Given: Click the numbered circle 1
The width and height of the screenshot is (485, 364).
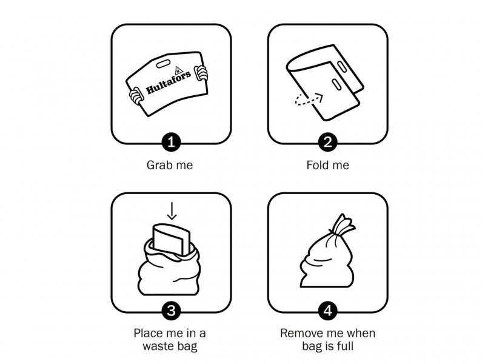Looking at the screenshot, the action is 171,142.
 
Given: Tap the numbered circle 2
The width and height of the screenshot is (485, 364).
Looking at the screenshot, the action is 327,142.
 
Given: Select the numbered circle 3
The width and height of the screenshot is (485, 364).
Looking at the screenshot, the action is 171,311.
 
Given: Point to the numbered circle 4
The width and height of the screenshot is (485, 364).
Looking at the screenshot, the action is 327,311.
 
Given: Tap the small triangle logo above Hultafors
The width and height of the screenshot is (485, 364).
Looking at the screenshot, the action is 178,71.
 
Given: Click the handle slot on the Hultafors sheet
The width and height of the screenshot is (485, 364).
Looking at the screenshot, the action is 162,64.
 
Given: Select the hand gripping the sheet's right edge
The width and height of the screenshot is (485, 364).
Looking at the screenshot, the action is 201,73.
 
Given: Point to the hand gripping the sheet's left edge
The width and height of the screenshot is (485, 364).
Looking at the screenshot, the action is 136,96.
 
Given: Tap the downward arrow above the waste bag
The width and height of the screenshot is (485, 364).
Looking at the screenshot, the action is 172,211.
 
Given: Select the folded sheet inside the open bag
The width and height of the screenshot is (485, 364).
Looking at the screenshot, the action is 171,239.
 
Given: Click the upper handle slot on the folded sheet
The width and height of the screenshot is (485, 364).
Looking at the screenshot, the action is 341,67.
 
